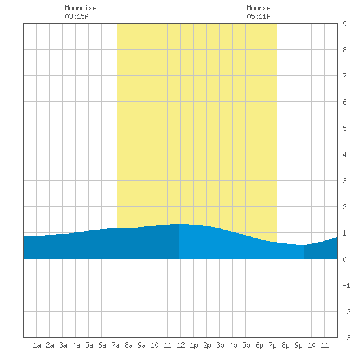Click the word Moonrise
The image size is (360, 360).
pyautogui.click(x=81, y=8)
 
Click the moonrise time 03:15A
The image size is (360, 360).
pyautogui.click(x=77, y=16)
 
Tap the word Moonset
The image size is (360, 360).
pyautogui.click(x=261, y=8)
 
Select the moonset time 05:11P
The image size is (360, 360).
pyautogui.click(x=259, y=16)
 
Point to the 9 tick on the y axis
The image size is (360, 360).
pyautogui.click(x=344, y=24)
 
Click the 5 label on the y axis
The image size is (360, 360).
pyautogui.click(x=344, y=128)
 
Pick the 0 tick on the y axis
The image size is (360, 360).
pyautogui.click(x=344, y=259)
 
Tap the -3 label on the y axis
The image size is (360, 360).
pyautogui.click(x=346, y=338)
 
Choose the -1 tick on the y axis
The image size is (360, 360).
pyautogui.click(x=346, y=285)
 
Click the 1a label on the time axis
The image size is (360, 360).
pyautogui.click(x=37, y=345)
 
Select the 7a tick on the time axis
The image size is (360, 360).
pyautogui.click(x=115, y=345)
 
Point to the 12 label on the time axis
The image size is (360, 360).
pyautogui.click(x=181, y=345)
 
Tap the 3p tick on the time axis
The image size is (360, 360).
pyautogui.click(x=220, y=345)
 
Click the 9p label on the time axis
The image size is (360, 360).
pyautogui.click(x=298, y=345)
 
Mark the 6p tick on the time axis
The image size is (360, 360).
pyautogui.click(x=259, y=345)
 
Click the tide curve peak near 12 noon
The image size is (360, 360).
pyautogui.click(x=181, y=224)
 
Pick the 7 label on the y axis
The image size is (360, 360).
pyautogui.click(x=344, y=76)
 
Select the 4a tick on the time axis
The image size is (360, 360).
pyautogui.click(x=76, y=345)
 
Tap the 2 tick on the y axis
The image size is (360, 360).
pyautogui.click(x=344, y=207)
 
